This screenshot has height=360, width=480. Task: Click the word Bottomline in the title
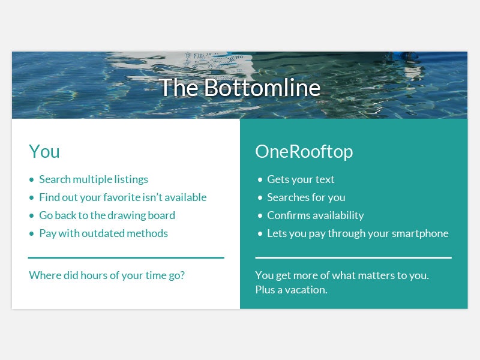coord(262,88)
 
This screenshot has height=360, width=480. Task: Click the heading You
coord(44,151)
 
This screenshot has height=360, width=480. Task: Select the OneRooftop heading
coord(304,151)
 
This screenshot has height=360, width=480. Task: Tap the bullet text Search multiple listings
coord(93,179)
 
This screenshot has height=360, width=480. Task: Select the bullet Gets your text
coord(301,179)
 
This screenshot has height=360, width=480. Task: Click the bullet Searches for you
coord(306,197)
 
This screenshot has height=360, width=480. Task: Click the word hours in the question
coord(101,275)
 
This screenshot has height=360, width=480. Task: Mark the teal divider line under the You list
coord(126,257)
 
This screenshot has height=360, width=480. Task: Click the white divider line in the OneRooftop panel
coord(353,257)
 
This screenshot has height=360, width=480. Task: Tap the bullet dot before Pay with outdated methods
coord(32,233)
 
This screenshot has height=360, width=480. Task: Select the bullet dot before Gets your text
coord(260,179)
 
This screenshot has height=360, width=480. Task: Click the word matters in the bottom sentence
coord(374,275)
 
